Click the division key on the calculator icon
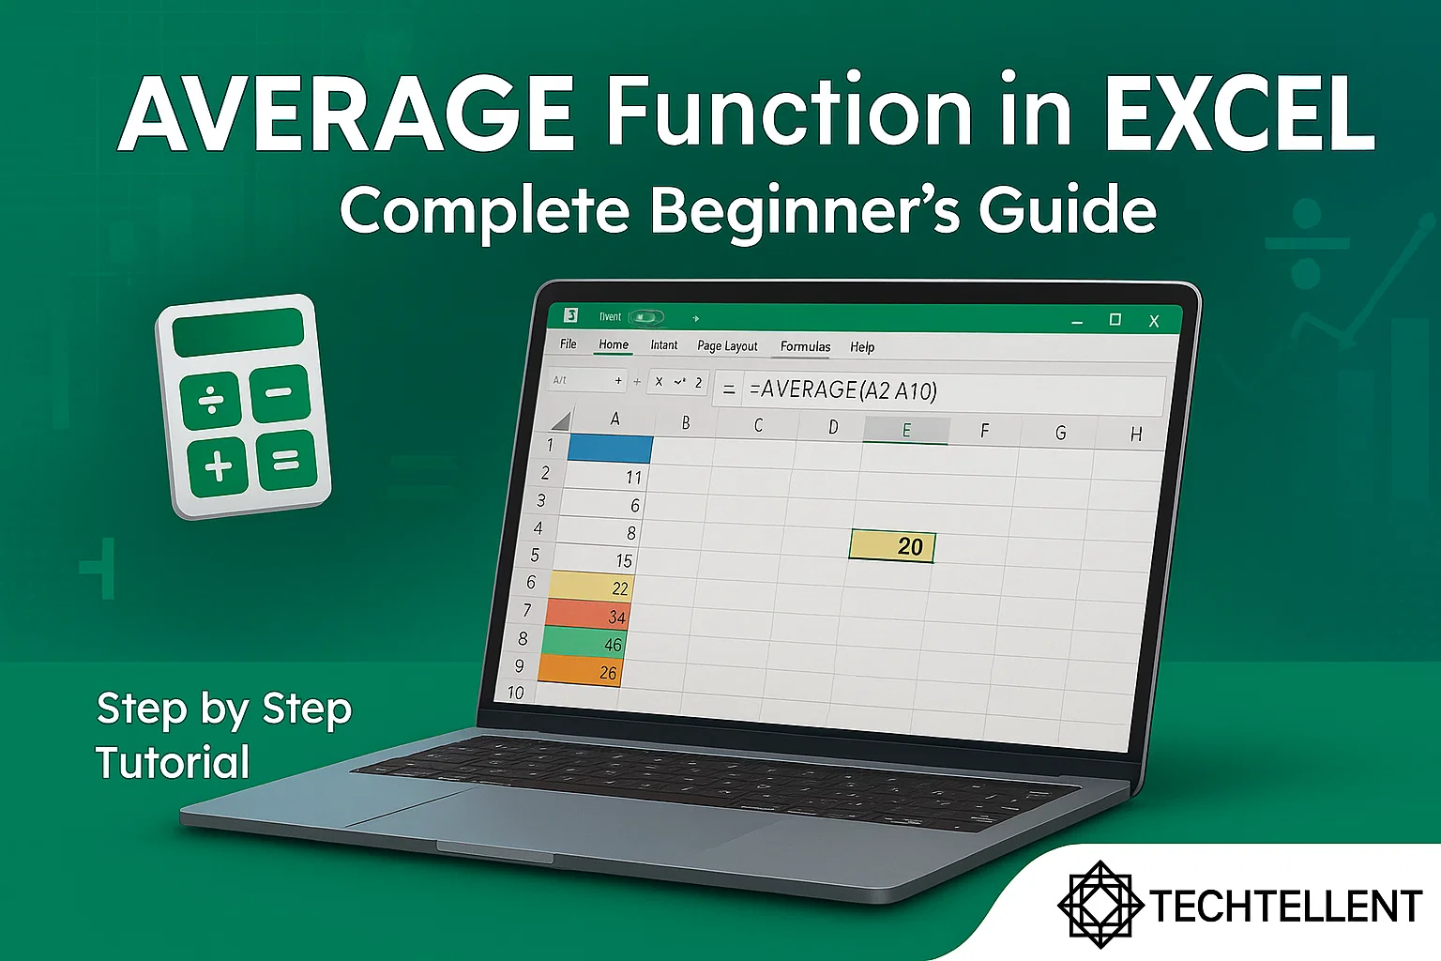click(211, 400)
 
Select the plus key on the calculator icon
click(218, 465)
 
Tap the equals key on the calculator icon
click(286, 460)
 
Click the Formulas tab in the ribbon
click(805, 346)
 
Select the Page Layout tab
click(727, 345)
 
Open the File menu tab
click(569, 343)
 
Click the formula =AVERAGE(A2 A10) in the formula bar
click(842, 390)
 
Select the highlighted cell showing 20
click(892, 546)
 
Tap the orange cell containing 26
click(579, 671)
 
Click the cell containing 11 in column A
click(607, 477)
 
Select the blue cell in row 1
click(611, 448)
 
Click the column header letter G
click(1060, 433)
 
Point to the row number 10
click(515, 693)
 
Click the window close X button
click(1154, 321)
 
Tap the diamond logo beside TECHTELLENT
click(1100, 904)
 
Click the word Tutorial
click(173, 762)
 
